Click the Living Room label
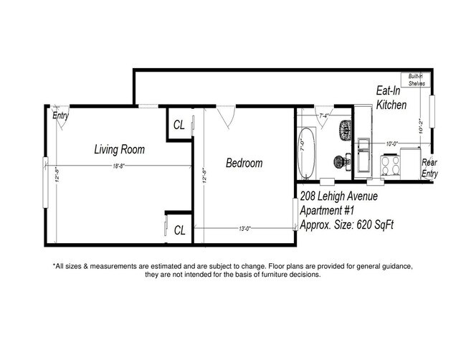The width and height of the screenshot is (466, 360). (x=120, y=150)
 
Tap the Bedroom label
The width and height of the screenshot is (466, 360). (x=244, y=164)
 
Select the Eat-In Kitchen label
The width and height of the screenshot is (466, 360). (x=392, y=98)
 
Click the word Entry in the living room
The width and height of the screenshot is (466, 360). (x=60, y=115)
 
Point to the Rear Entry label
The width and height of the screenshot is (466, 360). (x=429, y=168)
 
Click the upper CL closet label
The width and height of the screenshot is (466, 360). (x=179, y=124)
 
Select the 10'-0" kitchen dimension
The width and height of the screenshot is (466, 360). (x=391, y=144)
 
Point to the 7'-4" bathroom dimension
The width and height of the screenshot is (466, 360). (x=325, y=116)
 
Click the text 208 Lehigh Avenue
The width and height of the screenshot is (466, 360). (x=338, y=196)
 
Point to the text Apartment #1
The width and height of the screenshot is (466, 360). (x=329, y=211)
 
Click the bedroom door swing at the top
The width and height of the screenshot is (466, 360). (x=228, y=117)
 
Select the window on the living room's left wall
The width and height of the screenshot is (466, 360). (x=45, y=172)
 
